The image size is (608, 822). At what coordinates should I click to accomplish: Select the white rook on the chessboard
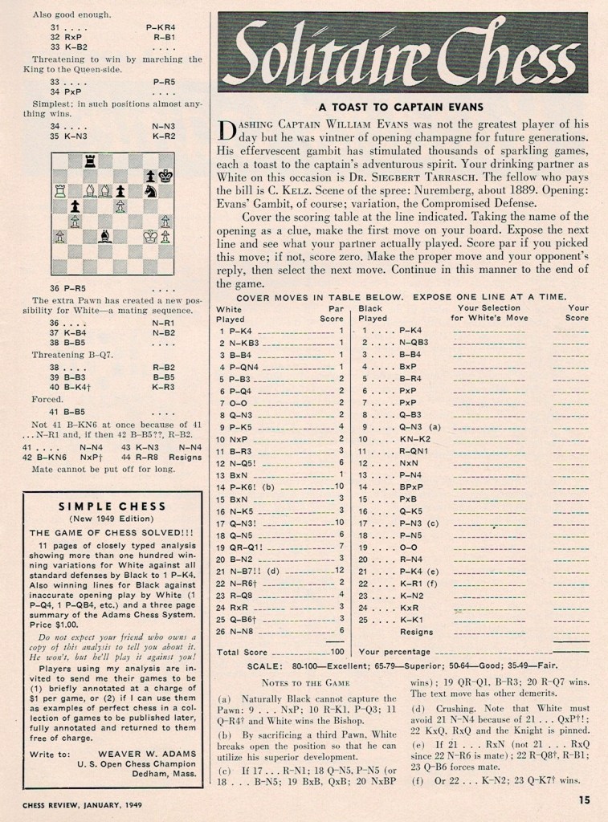tap(59, 190)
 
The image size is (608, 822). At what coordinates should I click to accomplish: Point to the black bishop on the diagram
tap(105, 236)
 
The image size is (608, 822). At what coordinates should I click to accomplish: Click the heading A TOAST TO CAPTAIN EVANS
tap(402, 107)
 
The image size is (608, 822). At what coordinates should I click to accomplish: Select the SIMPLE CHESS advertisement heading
tap(112, 506)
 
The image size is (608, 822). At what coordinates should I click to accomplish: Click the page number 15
tap(584, 799)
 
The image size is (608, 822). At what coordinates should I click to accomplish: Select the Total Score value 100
tap(337, 652)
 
